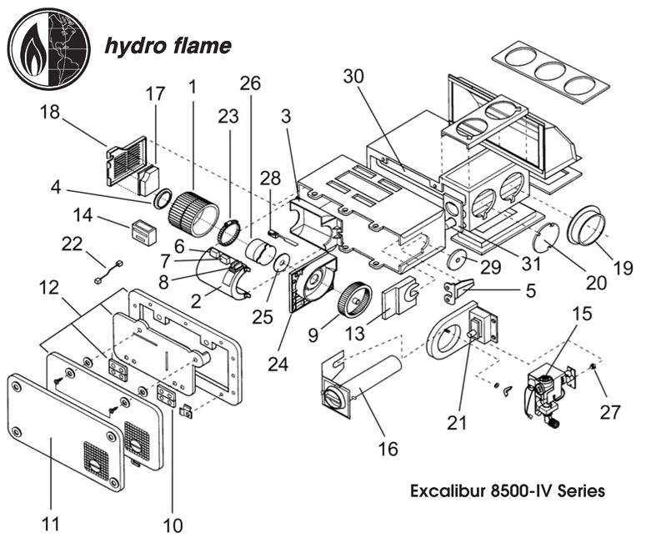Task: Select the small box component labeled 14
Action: coord(143,229)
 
